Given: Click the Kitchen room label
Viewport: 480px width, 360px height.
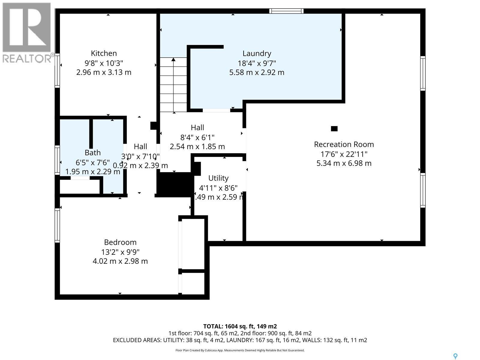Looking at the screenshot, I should pos(104,53).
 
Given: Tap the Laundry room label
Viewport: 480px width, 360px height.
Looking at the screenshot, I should pos(257,53).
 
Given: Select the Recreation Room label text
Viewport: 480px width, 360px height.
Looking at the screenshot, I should pos(344,144).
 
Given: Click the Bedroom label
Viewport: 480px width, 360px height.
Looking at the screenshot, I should pos(120,242).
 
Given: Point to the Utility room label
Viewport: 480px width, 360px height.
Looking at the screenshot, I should pos(218,178).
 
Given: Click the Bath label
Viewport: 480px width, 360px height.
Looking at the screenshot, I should pos(92,153).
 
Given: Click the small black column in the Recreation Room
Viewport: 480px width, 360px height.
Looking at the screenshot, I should pos(334,129).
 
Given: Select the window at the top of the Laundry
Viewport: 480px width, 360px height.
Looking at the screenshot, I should pos(286,11).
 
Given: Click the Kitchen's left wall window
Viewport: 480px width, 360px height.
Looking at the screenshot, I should pos(57,71).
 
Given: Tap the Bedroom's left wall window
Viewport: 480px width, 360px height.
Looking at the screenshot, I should pos(57,225).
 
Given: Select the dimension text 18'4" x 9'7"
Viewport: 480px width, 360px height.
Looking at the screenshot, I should pos(257,63).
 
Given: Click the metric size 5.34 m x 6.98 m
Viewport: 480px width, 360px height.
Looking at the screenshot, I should pos(344,163).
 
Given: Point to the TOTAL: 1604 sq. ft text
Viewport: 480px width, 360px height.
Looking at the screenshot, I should pos(240,326).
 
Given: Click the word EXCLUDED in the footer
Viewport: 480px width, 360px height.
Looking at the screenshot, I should pos(124,340).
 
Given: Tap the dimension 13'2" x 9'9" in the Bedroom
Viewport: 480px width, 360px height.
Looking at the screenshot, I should pos(120,252).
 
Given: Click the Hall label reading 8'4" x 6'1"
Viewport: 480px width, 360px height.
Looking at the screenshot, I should pos(197,137).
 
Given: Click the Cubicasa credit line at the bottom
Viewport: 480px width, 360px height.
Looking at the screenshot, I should pos(240,350).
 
